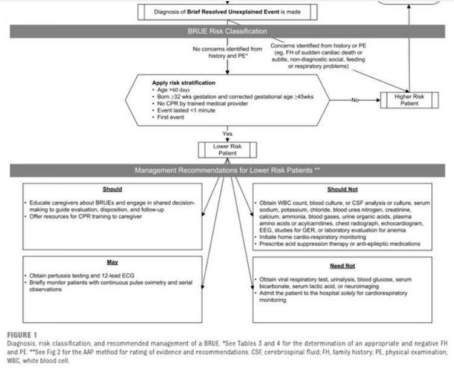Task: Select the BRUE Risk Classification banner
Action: pyautogui.click(x=226, y=31)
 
